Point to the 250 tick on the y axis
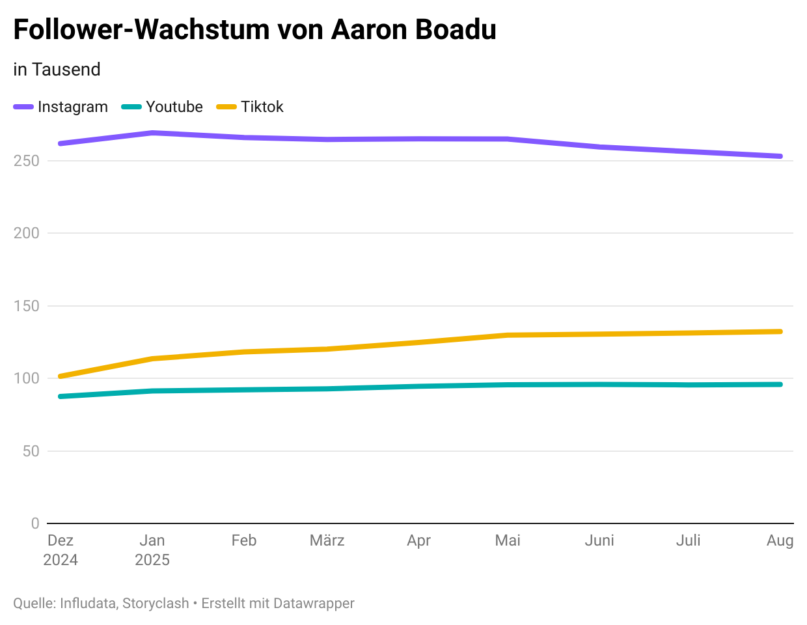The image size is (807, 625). (27, 161)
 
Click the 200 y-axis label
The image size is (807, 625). (27, 233)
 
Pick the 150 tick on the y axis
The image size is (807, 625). (27, 306)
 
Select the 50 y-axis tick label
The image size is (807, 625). (31, 451)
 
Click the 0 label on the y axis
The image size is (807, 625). (35, 523)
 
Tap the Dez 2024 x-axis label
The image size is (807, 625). (61, 550)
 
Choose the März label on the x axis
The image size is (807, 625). (327, 540)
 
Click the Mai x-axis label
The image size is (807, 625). (508, 540)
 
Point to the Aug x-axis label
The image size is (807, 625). (780, 540)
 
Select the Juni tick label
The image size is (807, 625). (599, 540)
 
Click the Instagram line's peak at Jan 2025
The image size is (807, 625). (152, 133)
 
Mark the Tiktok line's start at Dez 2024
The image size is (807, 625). (61, 376)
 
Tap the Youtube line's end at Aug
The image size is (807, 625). (780, 384)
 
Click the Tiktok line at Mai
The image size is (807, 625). (508, 335)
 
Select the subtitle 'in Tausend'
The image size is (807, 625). (57, 70)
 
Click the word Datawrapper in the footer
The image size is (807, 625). (314, 604)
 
